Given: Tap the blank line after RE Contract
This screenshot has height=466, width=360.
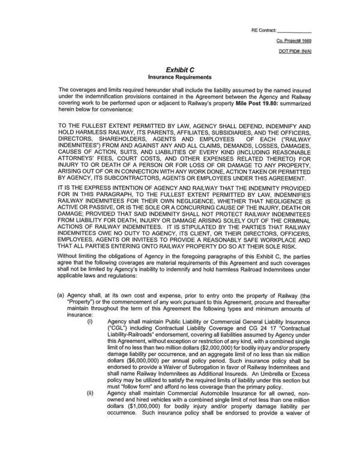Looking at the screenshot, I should click(x=295, y=30).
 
